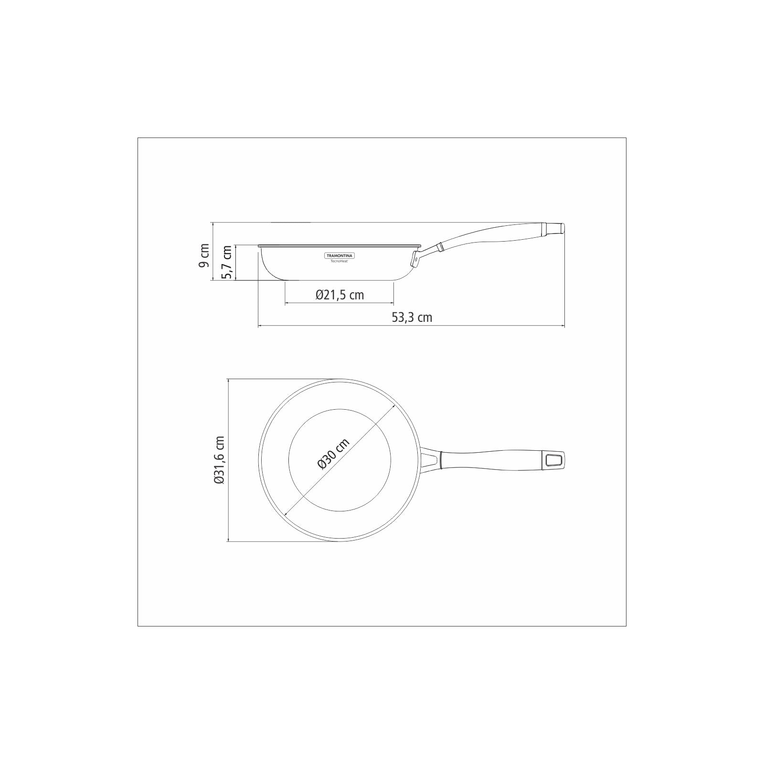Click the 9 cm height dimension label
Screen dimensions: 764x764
point(204,255)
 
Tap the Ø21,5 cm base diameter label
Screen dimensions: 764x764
point(340,295)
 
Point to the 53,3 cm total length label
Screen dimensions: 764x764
point(412,317)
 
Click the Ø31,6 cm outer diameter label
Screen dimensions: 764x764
point(219,460)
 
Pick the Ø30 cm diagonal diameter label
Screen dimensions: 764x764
point(333,454)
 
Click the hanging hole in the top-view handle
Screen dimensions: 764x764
point(553,460)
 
